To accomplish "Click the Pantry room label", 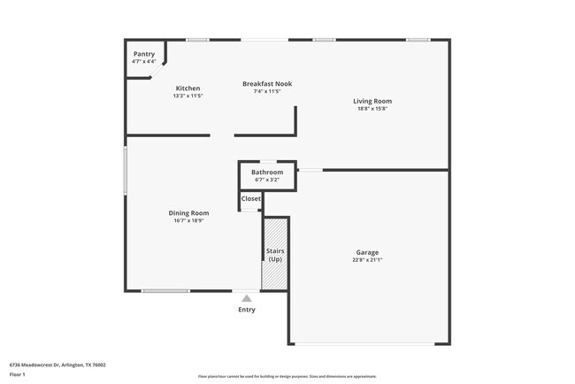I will (143, 54).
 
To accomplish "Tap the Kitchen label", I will (188, 88).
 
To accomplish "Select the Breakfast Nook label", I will (267, 84).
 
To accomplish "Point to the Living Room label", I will (373, 101).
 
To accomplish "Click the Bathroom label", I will (267, 172).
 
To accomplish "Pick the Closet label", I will (251, 198).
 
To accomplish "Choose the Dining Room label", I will (188, 212).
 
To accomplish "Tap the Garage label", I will (367, 252).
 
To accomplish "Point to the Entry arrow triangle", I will (247, 298).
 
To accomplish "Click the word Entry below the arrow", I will (247, 310).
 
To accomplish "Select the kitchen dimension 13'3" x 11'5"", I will (188, 96).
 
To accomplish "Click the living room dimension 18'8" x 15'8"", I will (373, 109).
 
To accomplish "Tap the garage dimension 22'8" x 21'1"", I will (367, 260).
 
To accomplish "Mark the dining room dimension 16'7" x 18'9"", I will (188, 220).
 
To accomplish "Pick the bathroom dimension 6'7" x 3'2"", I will (267, 180).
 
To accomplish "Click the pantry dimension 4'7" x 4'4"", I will (143, 61).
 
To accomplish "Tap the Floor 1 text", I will (18, 374).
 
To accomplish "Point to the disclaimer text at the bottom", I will (287, 377).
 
